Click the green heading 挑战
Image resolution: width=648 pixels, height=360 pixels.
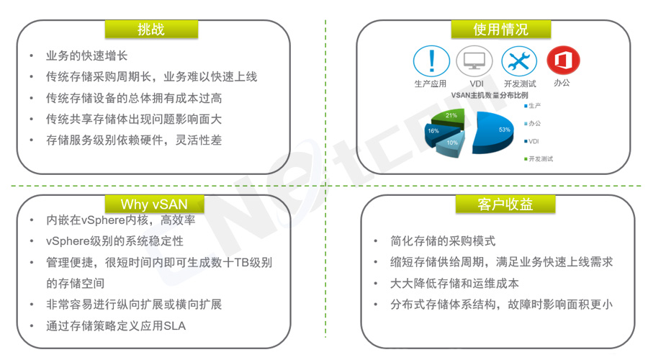click(151, 30)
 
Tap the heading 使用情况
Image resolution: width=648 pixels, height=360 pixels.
click(500, 30)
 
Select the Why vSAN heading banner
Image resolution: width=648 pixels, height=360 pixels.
click(154, 204)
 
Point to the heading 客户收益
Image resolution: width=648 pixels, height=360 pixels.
click(505, 204)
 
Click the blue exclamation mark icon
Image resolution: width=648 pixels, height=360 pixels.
click(431, 61)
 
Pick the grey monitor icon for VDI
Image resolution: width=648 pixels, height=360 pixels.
click(474, 61)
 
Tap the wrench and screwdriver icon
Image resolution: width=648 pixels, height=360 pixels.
click(519, 61)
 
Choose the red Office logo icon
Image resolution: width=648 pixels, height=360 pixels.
click(563, 60)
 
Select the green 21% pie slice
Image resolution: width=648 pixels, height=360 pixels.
click(449, 117)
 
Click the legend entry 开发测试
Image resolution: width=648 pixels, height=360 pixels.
click(539, 158)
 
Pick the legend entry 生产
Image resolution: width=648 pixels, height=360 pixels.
click(533, 106)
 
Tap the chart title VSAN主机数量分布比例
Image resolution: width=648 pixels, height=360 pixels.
click(490, 95)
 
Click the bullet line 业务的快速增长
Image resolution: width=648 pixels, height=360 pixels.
click(87, 55)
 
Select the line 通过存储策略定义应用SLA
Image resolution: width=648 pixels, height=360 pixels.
click(116, 325)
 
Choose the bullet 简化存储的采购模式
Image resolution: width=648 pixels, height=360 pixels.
click(443, 240)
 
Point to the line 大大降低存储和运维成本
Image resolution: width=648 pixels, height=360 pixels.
click(454, 283)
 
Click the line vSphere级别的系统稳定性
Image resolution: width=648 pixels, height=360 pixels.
click(114, 241)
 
